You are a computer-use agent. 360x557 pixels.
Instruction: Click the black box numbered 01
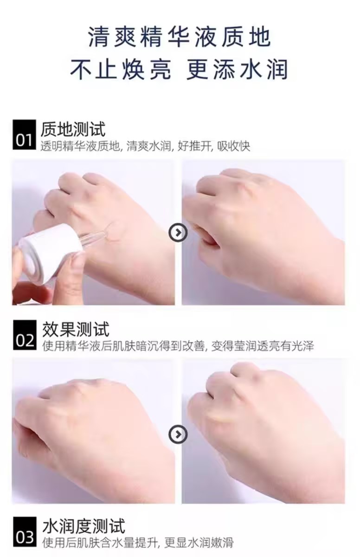tap(24, 135)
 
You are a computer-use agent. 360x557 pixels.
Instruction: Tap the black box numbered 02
tap(24, 335)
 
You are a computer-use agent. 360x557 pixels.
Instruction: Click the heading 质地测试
tap(73, 130)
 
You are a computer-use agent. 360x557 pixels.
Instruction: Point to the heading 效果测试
tap(75, 329)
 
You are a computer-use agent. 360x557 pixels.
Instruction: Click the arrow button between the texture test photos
tap(178, 233)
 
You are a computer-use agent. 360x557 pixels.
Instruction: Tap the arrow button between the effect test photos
tap(178, 434)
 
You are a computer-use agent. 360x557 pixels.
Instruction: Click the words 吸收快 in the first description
tap(233, 146)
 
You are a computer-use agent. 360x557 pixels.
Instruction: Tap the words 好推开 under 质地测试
tap(194, 146)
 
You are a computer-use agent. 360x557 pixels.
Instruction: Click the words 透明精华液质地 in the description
tap(80, 146)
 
